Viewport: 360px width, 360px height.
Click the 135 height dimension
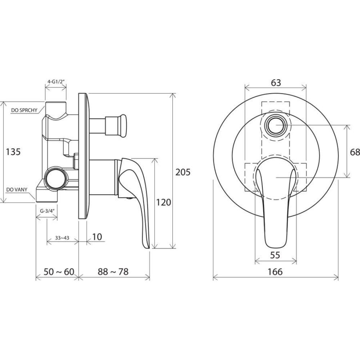[x=13, y=152]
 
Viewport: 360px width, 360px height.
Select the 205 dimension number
[x=183, y=172]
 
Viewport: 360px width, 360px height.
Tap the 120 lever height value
[x=163, y=202]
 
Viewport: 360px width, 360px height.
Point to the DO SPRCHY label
[x=24, y=110]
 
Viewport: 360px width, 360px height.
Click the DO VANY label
[x=17, y=190]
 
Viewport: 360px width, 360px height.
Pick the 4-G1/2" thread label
[x=55, y=81]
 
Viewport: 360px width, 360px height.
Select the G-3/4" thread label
[x=47, y=211]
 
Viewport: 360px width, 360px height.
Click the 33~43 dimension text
[x=62, y=238]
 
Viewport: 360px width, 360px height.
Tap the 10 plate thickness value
[x=97, y=237]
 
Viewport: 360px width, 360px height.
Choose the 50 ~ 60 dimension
[x=59, y=271]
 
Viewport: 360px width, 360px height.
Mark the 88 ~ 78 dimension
[x=113, y=271]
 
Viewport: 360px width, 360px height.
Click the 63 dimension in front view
[x=276, y=83]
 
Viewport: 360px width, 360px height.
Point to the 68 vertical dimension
[x=355, y=152]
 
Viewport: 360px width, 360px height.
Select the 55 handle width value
[x=275, y=255]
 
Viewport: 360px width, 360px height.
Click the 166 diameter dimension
[x=275, y=272]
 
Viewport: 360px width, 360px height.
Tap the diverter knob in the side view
[x=116, y=126]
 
